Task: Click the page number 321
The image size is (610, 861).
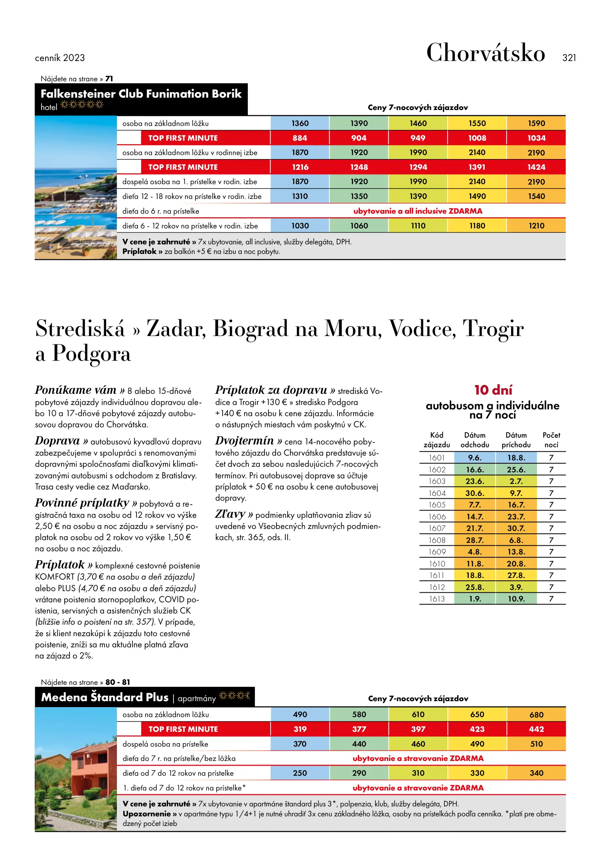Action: [569, 58]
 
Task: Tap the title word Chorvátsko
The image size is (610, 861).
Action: [486, 53]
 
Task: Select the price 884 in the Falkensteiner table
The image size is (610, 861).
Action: [300, 138]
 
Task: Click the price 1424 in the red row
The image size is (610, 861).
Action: [536, 167]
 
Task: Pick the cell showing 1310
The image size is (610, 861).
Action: [300, 196]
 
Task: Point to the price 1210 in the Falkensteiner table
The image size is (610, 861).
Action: [536, 226]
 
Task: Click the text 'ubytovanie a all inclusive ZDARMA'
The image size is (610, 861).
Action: [418, 211]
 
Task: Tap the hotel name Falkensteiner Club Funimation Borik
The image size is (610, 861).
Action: [141, 94]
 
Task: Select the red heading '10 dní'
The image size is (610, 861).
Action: [493, 389]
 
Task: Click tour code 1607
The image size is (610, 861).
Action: [437, 528]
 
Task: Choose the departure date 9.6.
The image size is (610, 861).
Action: [475, 458]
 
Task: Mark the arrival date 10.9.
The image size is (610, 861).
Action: [516, 599]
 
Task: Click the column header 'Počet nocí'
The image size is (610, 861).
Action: [551, 440]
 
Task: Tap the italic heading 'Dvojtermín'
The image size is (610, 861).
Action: [245, 440]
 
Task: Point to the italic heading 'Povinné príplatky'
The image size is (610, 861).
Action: [82, 503]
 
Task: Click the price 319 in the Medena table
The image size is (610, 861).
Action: [300, 729]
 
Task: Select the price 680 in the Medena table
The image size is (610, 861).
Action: [536, 715]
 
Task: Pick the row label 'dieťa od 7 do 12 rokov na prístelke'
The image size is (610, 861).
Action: [178, 773]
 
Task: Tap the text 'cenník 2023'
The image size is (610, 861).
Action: [60, 58]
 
